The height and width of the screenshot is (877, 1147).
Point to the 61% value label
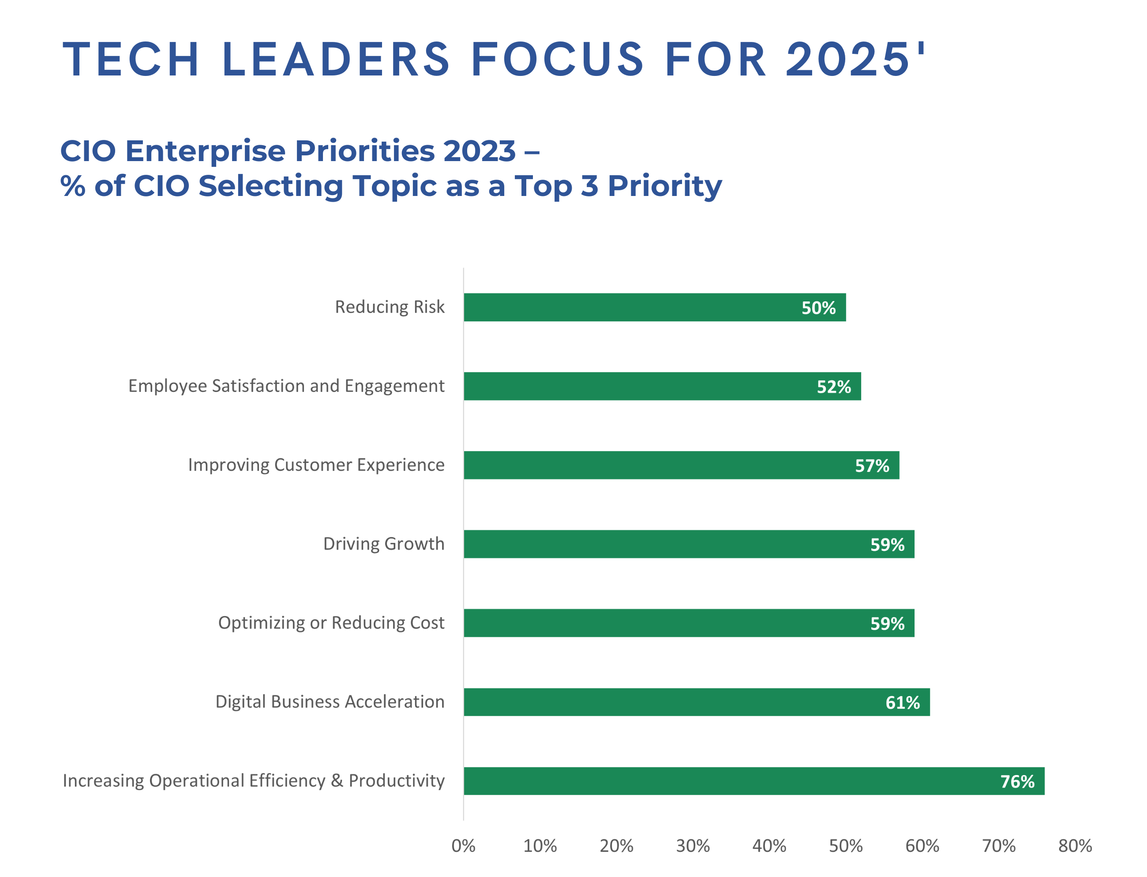click(x=902, y=702)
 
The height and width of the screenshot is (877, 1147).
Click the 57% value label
click(x=871, y=465)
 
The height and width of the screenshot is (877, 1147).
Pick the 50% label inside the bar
click(x=818, y=308)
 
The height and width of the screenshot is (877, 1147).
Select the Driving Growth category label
click(x=383, y=543)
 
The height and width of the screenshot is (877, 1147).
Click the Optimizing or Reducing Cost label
click(x=331, y=622)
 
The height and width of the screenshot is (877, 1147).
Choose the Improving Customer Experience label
click(x=316, y=465)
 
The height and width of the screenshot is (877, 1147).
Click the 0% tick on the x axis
click(x=463, y=845)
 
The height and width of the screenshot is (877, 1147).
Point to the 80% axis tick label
click(x=1075, y=845)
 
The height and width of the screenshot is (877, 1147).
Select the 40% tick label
click(x=768, y=845)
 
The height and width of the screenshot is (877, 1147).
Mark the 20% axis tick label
click(x=616, y=845)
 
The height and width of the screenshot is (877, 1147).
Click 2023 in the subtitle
click(x=479, y=151)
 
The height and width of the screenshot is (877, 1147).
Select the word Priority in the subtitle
click(x=664, y=186)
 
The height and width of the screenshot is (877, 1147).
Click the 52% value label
click(x=833, y=386)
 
